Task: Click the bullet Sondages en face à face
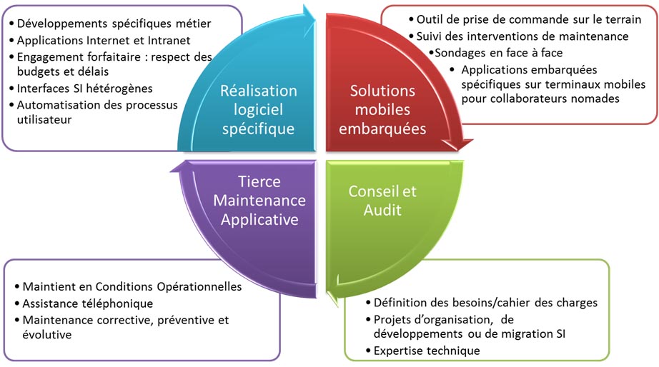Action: pos(498,53)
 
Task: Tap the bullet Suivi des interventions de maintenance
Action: pos(522,36)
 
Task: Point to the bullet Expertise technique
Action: pos(427,350)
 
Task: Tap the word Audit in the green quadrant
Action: pos(382,210)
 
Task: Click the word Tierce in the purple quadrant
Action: pos(258,182)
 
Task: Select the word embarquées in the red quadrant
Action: pos(382,129)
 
